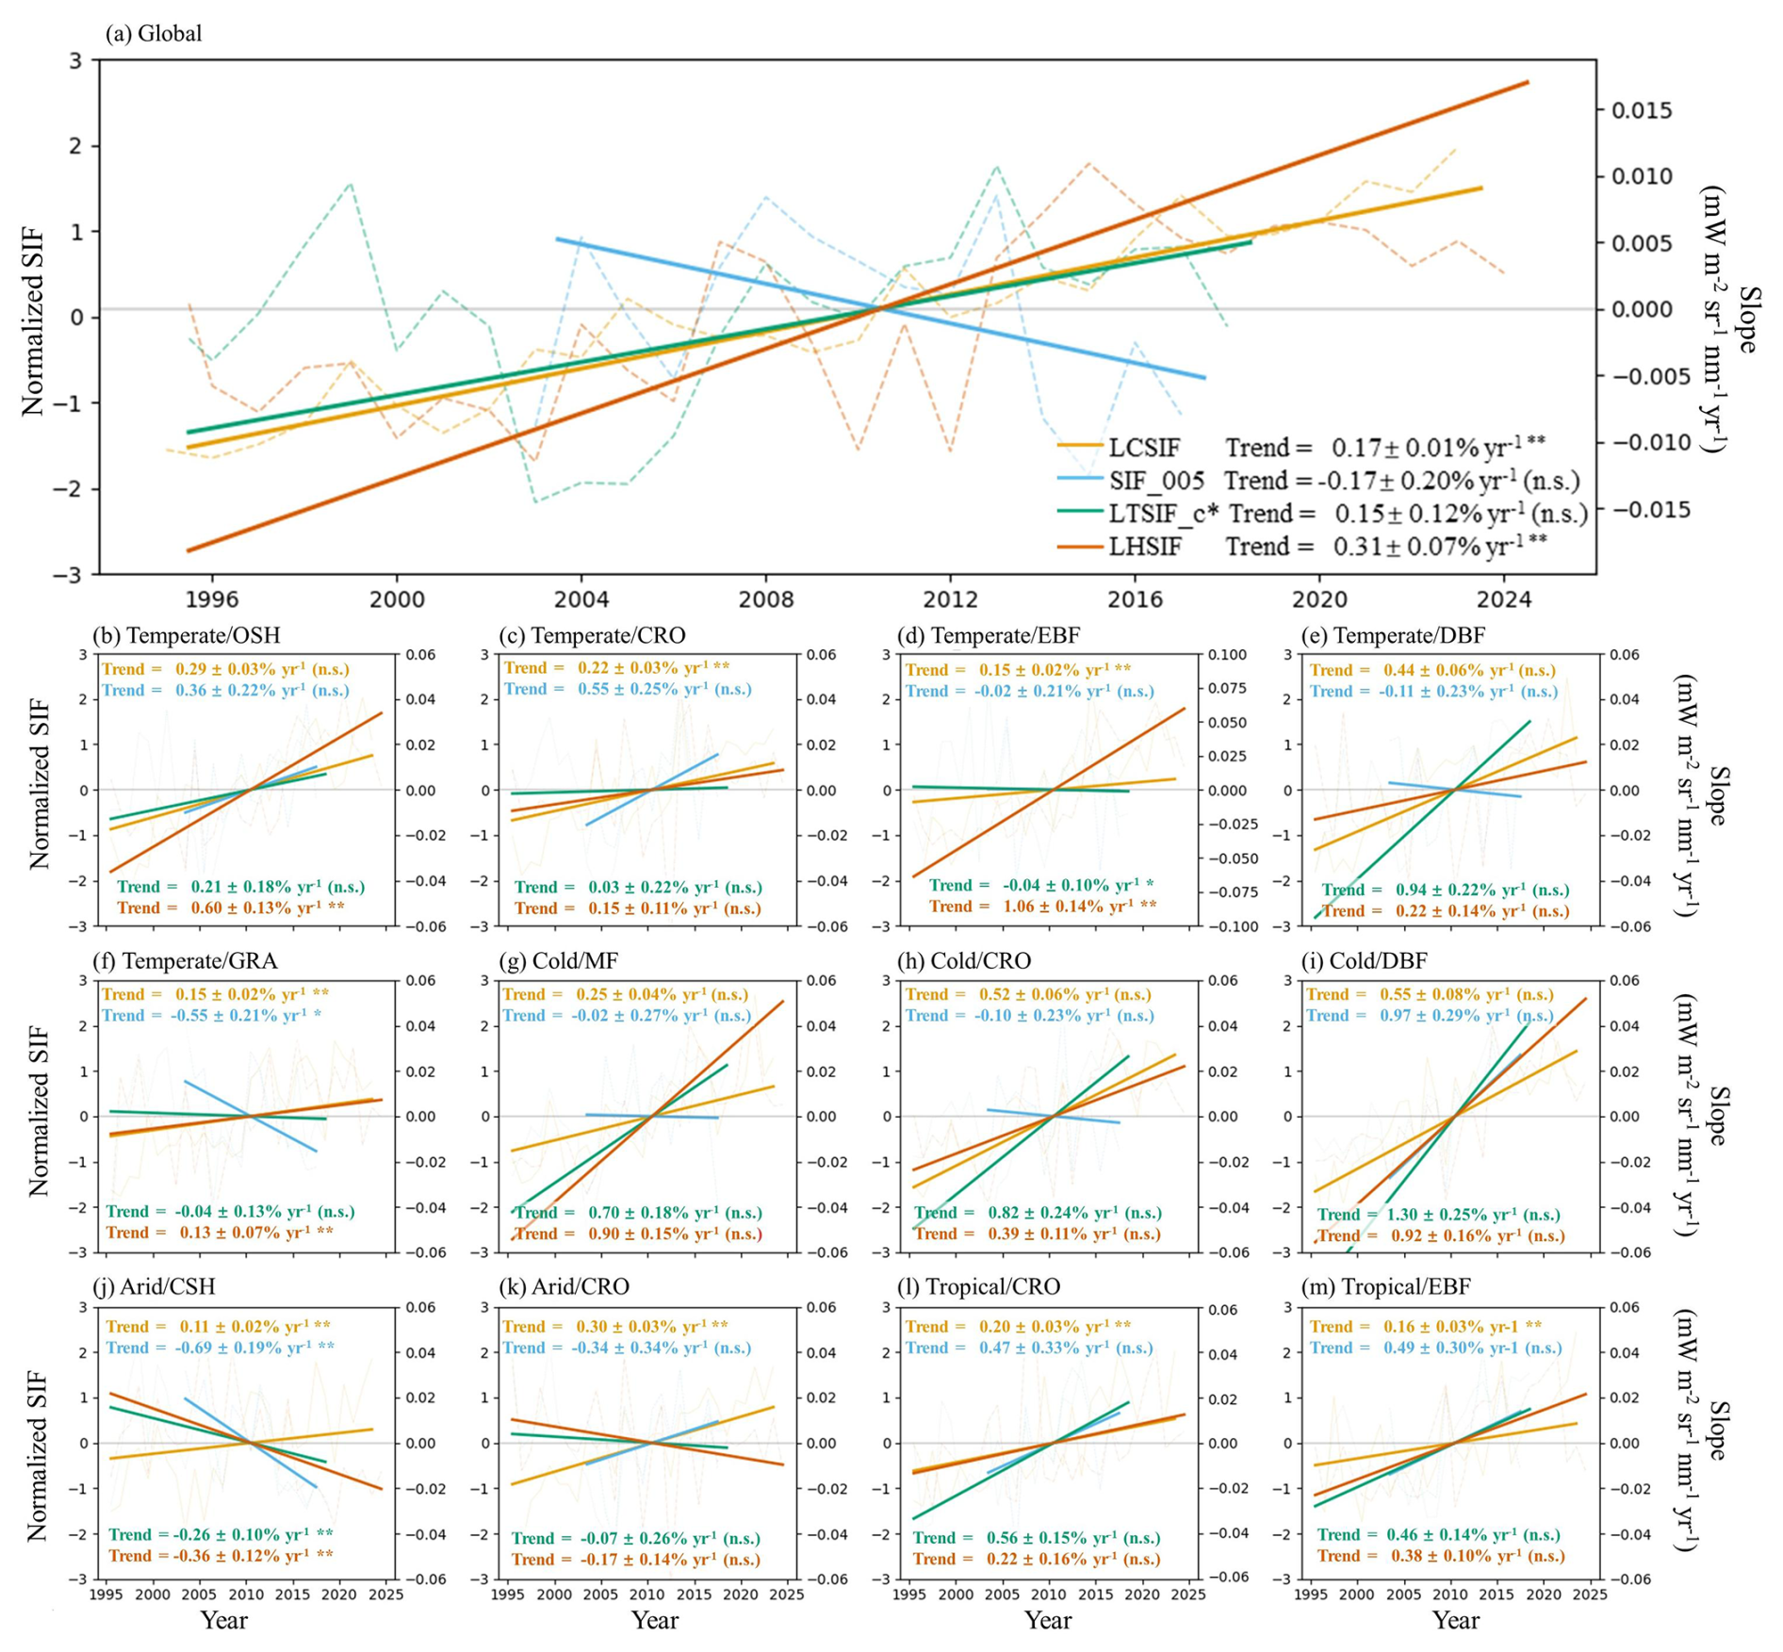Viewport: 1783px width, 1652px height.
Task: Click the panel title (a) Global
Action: pyautogui.click(x=154, y=34)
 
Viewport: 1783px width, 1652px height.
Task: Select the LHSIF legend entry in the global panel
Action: pyautogui.click(x=1144, y=547)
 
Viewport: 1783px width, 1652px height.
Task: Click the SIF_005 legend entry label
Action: pyautogui.click(x=1156, y=481)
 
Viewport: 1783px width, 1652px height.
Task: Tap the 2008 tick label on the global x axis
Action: pyautogui.click(x=765, y=599)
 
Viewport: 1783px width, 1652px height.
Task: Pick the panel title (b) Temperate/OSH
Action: pyautogui.click(x=187, y=635)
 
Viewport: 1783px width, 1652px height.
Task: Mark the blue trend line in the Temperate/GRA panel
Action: pyautogui.click(x=251, y=1116)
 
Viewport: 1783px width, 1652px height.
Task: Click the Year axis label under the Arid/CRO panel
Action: pyautogui.click(x=654, y=1621)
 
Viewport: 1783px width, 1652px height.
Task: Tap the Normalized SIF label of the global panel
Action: pyautogui.click(x=34, y=320)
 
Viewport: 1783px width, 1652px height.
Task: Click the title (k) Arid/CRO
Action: pyautogui.click(x=564, y=1287)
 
